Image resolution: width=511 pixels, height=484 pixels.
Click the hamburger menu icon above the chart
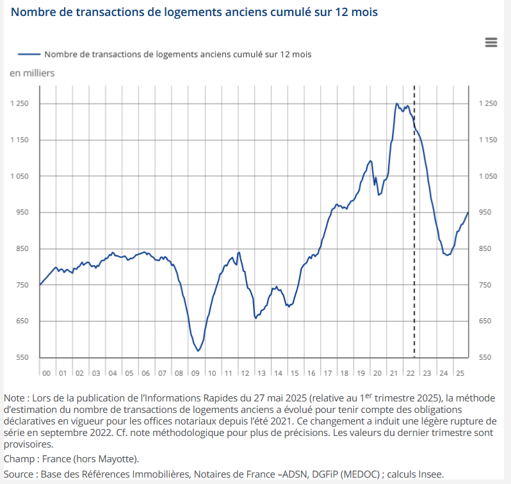(x=491, y=42)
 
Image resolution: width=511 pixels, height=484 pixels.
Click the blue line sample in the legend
(x=29, y=54)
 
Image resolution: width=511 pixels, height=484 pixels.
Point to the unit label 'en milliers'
(x=32, y=73)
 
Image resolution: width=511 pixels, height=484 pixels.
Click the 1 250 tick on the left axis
(x=20, y=104)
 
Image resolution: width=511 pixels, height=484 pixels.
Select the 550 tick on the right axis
(x=485, y=357)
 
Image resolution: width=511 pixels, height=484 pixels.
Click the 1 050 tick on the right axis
(x=488, y=176)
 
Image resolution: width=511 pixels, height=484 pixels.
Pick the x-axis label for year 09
(x=195, y=373)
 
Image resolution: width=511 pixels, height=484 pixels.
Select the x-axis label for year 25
(x=460, y=373)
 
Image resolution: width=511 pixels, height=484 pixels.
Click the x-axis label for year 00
(x=47, y=373)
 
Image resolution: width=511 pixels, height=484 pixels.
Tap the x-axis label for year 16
(x=311, y=373)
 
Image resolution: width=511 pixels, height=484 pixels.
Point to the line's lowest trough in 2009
(x=199, y=351)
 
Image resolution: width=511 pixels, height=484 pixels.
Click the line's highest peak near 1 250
(x=397, y=104)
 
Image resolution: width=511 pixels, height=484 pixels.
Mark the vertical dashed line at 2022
(x=414, y=224)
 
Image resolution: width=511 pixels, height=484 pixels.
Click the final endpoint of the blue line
(x=468, y=213)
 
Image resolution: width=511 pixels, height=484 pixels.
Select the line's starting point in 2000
(x=40, y=284)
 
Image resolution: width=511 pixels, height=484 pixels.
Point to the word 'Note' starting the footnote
(x=15, y=397)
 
